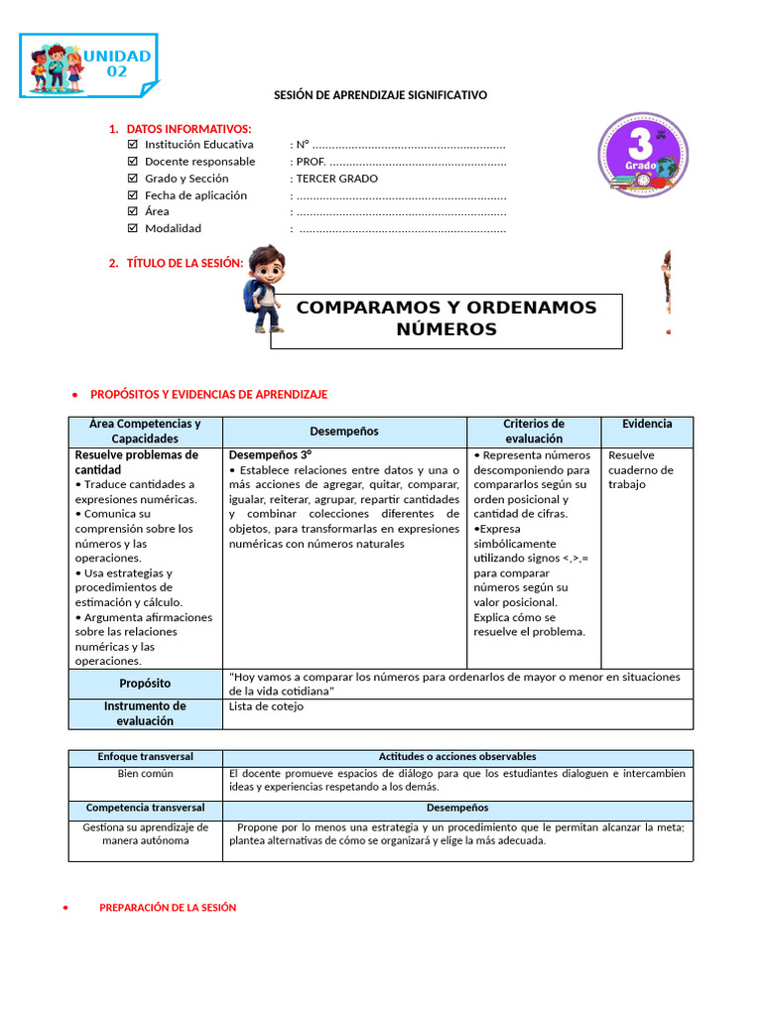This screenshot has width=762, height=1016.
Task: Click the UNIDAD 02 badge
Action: (88, 65)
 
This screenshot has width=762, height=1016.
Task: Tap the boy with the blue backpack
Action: (265, 289)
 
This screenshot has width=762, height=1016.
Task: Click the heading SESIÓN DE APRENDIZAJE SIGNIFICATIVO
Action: (381, 95)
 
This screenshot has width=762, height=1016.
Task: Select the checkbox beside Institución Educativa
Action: (133, 144)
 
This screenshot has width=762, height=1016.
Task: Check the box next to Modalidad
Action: (133, 228)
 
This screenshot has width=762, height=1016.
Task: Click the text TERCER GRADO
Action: (336, 179)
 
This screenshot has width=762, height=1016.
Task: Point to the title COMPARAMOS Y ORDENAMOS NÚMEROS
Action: (446, 318)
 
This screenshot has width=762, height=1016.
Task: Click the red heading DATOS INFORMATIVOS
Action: (190, 129)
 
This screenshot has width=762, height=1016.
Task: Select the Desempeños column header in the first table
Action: (344, 432)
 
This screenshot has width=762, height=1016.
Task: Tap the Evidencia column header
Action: (647, 424)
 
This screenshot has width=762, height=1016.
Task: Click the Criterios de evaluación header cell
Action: (534, 431)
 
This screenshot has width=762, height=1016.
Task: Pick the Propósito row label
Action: (145, 684)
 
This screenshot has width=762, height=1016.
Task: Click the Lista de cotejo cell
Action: (266, 706)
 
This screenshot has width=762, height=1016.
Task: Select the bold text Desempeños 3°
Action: (270, 454)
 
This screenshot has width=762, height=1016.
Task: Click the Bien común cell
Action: (145, 773)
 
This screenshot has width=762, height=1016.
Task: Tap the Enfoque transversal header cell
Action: (145, 757)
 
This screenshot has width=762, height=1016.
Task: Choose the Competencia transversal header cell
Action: (145, 808)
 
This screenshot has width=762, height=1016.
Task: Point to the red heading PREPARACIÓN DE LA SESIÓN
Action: (168, 907)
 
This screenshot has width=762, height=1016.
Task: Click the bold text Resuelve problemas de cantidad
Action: (137, 461)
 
